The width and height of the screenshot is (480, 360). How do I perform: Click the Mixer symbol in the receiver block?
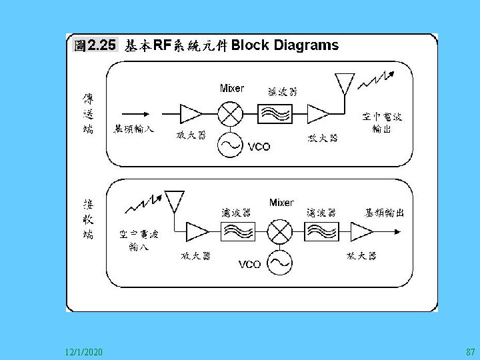(280, 231)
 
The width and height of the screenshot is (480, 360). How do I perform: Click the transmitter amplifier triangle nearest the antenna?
(317, 114)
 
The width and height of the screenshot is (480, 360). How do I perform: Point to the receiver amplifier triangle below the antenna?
(198, 231)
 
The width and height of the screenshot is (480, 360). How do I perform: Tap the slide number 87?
(470, 351)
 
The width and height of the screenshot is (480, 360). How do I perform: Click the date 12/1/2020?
(84, 351)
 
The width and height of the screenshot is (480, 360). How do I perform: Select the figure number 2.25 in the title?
(101, 45)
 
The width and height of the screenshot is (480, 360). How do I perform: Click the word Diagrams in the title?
(306, 45)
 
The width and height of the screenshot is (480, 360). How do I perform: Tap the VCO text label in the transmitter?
(259, 147)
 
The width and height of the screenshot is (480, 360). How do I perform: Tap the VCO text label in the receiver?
(249, 265)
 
